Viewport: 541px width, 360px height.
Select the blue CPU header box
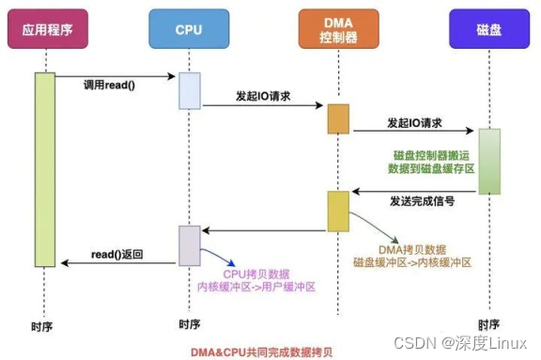pyautogui.click(x=189, y=29)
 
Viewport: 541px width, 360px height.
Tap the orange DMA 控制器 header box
pyautogui.click(x=338, y=29)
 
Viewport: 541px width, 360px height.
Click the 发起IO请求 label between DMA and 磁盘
pyautogui.click(x=414, y=124)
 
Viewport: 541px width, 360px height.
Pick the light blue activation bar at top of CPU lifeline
pyautogui.click(x=190, y=90)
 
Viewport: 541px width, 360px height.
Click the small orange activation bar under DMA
pyautogui.click(x=338, y=118)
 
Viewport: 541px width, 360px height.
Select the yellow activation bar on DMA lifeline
pyautogui.click(x=338, y=211)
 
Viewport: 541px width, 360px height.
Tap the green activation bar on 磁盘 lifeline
pyautogui.click(x=488, y=161)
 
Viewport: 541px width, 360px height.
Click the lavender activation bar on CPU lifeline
pyautogui.click(x=190, y=245)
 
